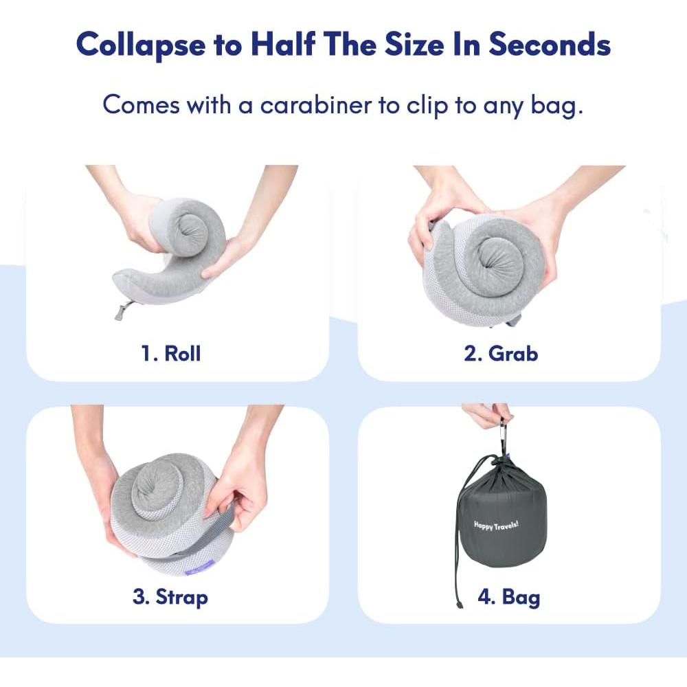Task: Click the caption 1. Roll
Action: (x=171, y=354)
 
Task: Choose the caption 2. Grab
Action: (x=501, y=354)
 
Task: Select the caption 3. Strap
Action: (x=170, y=596)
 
